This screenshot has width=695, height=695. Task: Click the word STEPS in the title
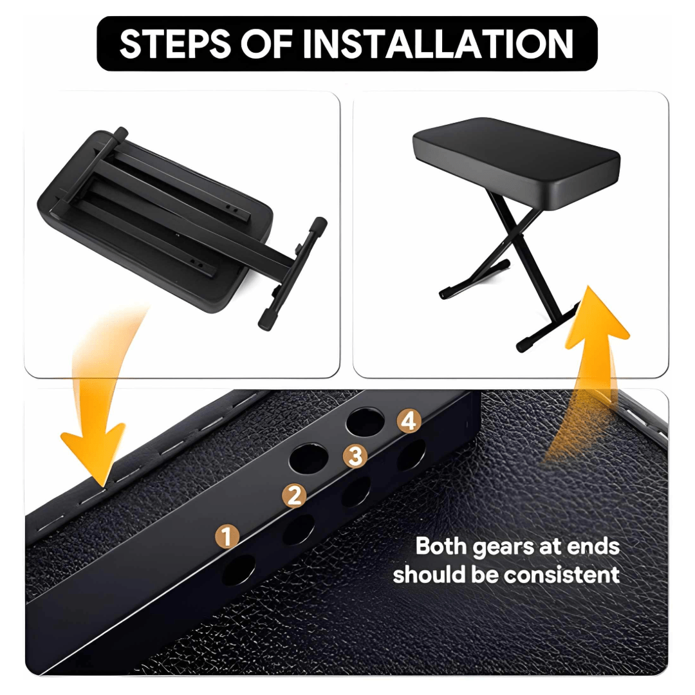tap(176, 44)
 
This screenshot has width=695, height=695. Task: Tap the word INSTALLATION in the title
tap(438, 44)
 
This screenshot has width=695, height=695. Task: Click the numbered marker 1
tap(227, 537)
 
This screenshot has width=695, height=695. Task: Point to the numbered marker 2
tap(294, 495)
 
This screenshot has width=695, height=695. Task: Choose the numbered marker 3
tap(355, 456)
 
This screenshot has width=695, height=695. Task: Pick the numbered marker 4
tap(409, 421)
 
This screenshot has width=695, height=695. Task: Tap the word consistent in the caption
tap(562, 575)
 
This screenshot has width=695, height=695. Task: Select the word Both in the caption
tap(441, 546)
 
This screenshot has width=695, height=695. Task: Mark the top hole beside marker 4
tap(365, 422)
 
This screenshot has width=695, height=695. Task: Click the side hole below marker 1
tap(239, 570)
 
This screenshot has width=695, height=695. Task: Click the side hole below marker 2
tap(299, 530)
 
